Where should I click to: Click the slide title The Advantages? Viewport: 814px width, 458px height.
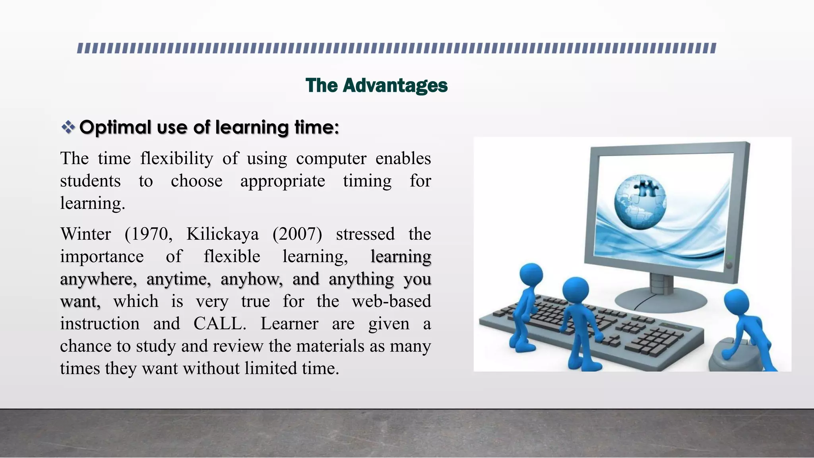[x=376, y=85]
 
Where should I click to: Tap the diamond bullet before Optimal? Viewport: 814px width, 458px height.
[x=68, y=127]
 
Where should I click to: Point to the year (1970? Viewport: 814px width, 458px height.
[x=148, y=234]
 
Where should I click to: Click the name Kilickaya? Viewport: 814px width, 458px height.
[x=222, y=234]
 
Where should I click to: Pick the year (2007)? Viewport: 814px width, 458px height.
[x=297, y=234]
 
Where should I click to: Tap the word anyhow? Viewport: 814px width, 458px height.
[x=252, y=279]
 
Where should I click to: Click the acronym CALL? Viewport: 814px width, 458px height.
[x=219, y=324]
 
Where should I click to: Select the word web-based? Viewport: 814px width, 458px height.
[x=391, y=301]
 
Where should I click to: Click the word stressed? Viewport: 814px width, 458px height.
[x=365, y=234]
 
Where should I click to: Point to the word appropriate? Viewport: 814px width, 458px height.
[x=282, y=181]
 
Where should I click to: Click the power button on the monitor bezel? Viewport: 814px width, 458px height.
[x=729, y=265]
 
